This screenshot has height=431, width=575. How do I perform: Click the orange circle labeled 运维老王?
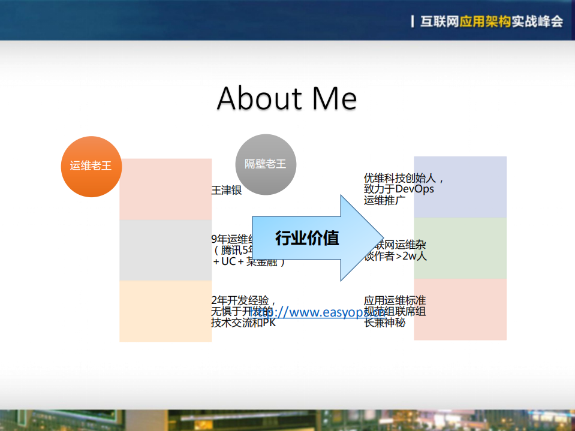tap(91, 166)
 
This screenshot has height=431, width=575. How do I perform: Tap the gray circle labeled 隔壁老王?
tap(265, 164)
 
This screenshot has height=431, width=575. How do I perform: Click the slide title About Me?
tap(287, 98)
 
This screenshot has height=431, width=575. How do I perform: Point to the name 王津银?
tap(227, 191)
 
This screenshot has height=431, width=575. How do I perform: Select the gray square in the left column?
tap(165, 250)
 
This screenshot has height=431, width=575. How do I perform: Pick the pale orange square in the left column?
tap(165, 311)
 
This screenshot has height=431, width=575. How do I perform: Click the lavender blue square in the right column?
tap(460, 187)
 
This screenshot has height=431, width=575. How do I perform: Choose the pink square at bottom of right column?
tap(460, 309)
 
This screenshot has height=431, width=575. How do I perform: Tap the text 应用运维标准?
tap(395, 300)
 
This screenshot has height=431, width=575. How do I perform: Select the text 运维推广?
tap(384, 200)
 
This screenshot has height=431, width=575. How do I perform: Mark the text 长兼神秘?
tap(384, 323)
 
